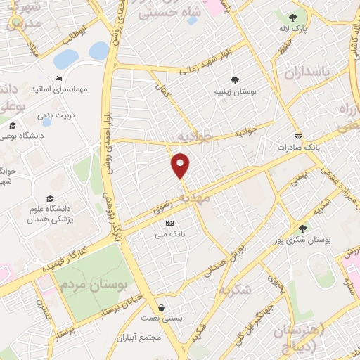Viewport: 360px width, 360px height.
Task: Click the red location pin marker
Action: click(181, 165)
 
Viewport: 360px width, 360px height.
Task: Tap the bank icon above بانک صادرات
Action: click(299, 136)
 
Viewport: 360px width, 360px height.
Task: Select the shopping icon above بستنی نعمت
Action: click(163, 307)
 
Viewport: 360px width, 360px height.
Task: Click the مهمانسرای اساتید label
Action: click(58, 90)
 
